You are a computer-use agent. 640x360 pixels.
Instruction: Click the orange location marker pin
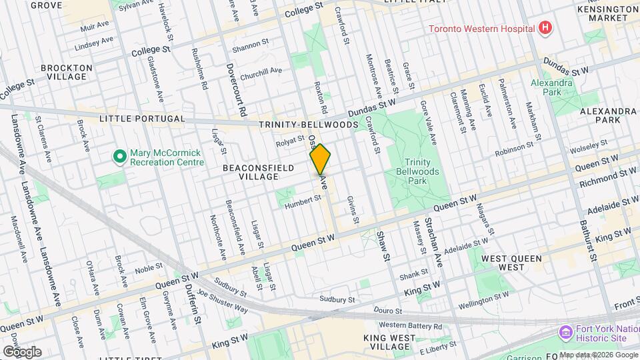click(320, 159)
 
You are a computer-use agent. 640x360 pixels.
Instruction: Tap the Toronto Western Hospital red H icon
click(545, 29)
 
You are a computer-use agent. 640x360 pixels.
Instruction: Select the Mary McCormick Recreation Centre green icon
click(119, 156)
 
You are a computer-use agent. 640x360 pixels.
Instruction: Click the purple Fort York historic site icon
click(565, 331)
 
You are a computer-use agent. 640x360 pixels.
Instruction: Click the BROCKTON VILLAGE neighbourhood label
click(66, 72)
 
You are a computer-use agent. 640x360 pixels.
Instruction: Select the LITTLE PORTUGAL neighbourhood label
click(141, 119)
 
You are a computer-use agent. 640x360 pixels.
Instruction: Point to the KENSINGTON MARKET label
click(608, 14)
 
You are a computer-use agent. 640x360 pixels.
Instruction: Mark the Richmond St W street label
click(607, 177)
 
